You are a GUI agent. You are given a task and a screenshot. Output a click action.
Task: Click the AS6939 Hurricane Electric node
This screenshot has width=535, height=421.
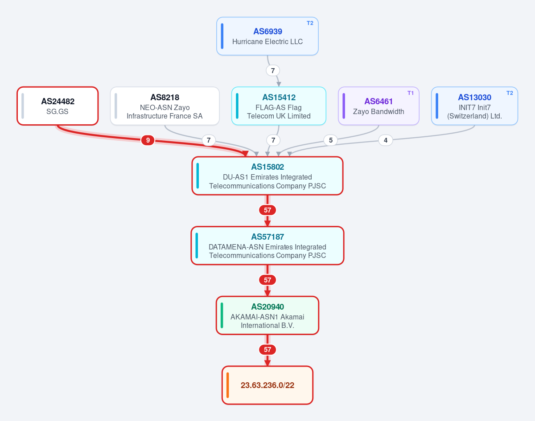(x=267, y=36)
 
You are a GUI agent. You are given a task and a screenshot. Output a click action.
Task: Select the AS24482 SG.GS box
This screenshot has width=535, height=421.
(x=58, y=106)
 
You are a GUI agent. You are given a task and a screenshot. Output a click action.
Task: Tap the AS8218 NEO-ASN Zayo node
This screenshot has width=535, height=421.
(x=165, y=106)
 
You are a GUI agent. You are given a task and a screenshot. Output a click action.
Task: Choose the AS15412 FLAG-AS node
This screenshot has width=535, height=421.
(x=279, y=106)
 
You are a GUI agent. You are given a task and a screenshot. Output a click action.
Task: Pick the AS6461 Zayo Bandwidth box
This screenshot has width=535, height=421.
(x=379, y=106)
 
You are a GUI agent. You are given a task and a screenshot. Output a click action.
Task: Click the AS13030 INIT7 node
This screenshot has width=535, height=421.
(x=474, y=106)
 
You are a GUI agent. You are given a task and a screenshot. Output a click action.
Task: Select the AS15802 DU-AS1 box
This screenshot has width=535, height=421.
(x=267, y=176)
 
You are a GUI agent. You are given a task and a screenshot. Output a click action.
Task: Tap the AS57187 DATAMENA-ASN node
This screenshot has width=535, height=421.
(x=267, y=245)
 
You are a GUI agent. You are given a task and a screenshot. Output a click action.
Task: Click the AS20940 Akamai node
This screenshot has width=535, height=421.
(x=267, y=315)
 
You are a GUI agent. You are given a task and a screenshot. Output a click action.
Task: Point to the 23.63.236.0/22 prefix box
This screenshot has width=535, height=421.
(x=267, y=385)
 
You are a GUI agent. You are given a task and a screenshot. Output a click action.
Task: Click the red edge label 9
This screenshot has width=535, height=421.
(x=148, y=140)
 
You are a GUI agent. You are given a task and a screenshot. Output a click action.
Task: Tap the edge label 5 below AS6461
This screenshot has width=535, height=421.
(x=331, y=140)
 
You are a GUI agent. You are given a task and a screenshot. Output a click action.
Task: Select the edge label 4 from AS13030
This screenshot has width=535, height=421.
(x=386, y=140)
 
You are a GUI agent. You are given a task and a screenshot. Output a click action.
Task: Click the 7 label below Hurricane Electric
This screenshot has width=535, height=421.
(x=273, y=70)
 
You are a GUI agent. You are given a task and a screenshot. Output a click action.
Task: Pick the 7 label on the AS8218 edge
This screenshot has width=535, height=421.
(x=209, y=140)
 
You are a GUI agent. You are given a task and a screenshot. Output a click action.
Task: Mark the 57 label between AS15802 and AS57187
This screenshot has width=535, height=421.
(x=267, y=210)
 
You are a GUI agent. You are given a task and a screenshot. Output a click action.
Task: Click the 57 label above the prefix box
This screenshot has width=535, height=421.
(x=267, y=349)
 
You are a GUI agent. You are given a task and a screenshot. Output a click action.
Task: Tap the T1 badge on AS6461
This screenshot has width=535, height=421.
(x=411, y=93)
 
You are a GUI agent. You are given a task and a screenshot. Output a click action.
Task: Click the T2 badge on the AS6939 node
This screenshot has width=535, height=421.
(x=310, y=23)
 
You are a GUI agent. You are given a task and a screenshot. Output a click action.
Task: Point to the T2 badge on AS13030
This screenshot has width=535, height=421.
(x=510, y=93)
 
